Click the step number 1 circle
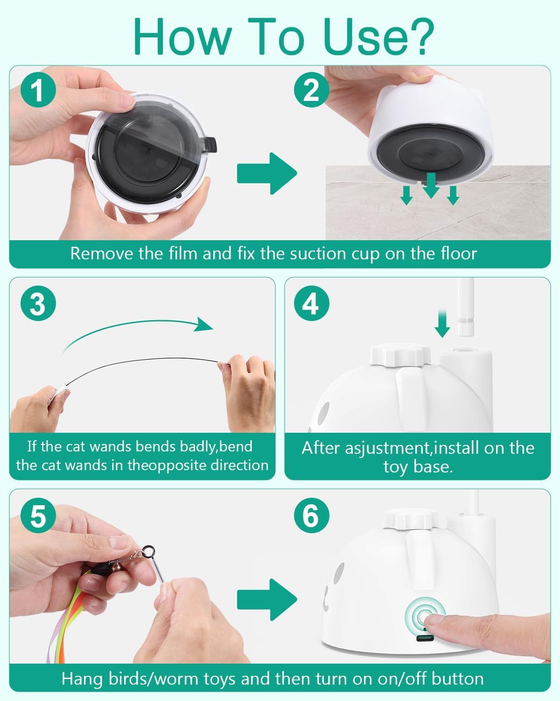(x=38, y=90)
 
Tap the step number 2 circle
(x=311, y=90)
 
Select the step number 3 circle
(x=38, y=304)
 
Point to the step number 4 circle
(x=311, y=304)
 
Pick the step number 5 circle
(x=38, y=515)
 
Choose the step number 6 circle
(x=311, y=515)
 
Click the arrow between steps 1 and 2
(x=267, y=173)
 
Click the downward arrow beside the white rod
(x=442, y=324)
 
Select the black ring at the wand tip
(x=148, y=550)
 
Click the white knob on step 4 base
(x=400, y=356)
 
